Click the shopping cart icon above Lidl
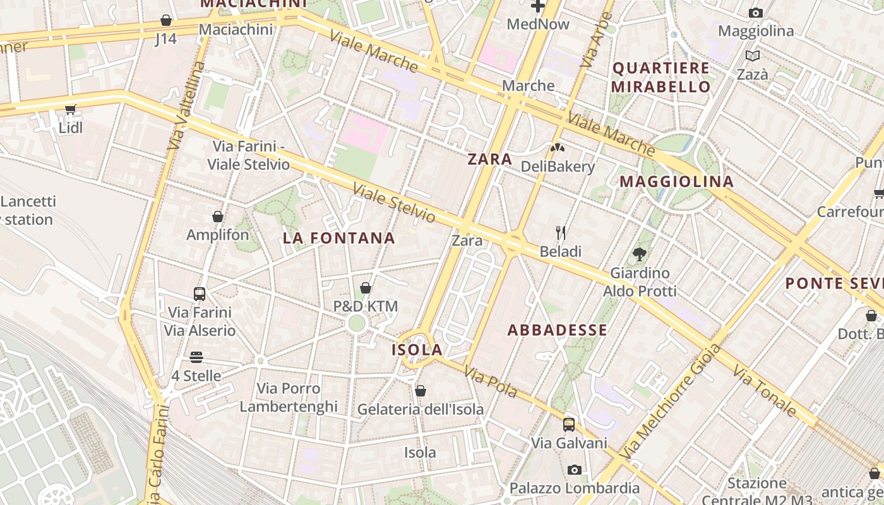pos(70,110)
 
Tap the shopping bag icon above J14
pos(165,20)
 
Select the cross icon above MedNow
pos(538,7)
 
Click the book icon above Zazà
pos(752,56)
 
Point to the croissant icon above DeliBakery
pos(558,148)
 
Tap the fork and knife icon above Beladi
pos(560,233)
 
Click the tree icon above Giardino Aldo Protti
pos(639,254)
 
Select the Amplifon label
pos(218,235)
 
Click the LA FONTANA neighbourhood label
pos(339,238)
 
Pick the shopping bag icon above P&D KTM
pos(365,288)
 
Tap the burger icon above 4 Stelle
pos(196,357)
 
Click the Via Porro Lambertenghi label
pos(289,397)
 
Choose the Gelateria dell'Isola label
pos(421,409)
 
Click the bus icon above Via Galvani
pos(568,425)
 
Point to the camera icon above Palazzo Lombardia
pos(574,470)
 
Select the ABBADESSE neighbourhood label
pos(558,330)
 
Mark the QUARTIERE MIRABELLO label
pos(661,77)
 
